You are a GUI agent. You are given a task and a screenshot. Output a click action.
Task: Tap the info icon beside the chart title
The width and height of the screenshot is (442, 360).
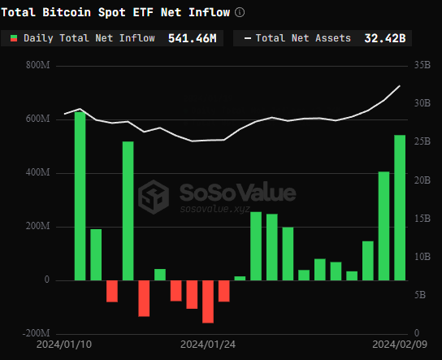click(239, 12)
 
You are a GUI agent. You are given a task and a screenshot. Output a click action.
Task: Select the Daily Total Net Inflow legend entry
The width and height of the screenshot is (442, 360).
click(89, 38)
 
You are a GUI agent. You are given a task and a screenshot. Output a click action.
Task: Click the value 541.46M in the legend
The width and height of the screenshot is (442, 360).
click(192, 38)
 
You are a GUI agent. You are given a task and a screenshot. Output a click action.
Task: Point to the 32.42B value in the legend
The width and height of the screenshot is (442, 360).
click(385, 38)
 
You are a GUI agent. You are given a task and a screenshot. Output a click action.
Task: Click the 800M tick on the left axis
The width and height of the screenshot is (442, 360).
click(37, 66)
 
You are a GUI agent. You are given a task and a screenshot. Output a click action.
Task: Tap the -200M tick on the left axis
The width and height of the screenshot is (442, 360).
click(36, 334)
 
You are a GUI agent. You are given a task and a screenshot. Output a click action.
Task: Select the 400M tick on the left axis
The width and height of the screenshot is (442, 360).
click(37, 173)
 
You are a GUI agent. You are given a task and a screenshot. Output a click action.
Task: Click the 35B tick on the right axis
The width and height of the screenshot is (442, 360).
click(422, 66)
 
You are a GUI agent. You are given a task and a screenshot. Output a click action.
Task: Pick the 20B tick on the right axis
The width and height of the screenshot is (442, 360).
click(422, 180)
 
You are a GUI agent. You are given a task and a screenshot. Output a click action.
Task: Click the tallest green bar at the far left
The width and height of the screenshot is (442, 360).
click(80, 195)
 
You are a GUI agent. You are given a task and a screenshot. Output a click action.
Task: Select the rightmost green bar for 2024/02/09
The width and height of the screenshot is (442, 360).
click(400, 207)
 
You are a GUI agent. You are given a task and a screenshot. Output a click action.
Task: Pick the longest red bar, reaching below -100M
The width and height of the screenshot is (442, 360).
click(208, 301)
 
